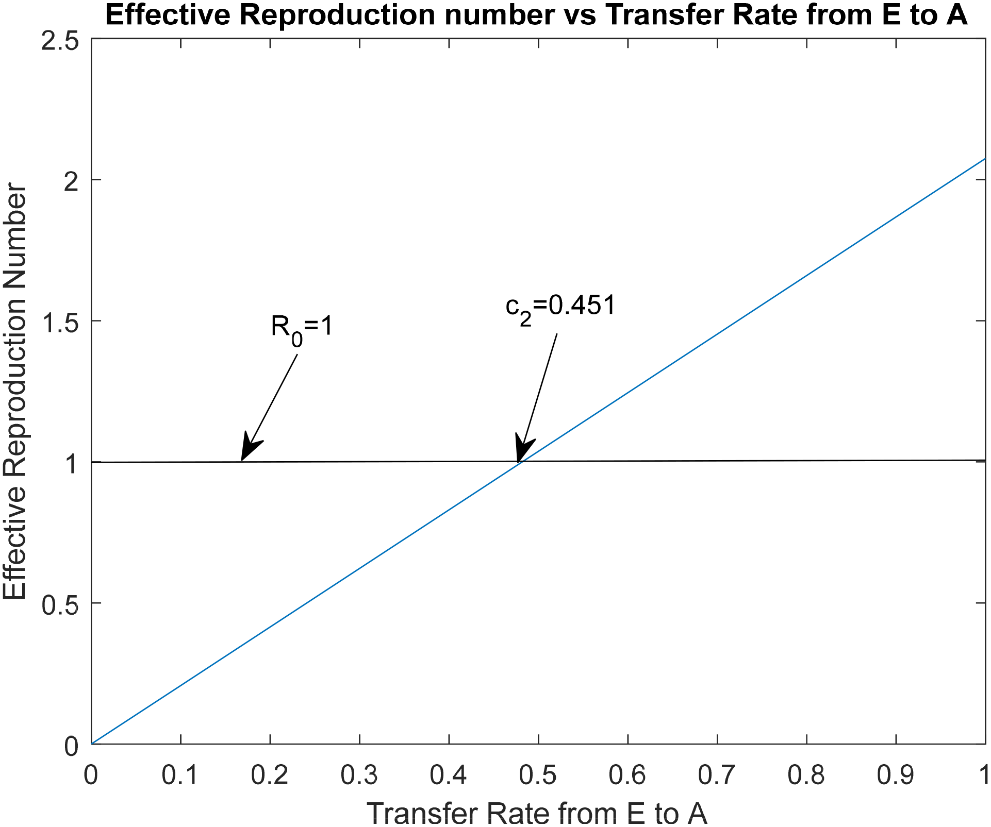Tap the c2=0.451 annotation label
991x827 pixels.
point(560,307)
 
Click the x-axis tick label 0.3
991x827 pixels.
point(359,774)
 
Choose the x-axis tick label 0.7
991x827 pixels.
point(717,774)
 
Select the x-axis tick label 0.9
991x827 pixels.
point(896,774)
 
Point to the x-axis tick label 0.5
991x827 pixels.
point(538,774)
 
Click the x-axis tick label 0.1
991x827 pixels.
point(180,774)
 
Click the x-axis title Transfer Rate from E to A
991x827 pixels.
point(536,813)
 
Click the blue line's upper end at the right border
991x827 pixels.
point(984,159)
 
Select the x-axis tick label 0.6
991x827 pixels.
point(627,774)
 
